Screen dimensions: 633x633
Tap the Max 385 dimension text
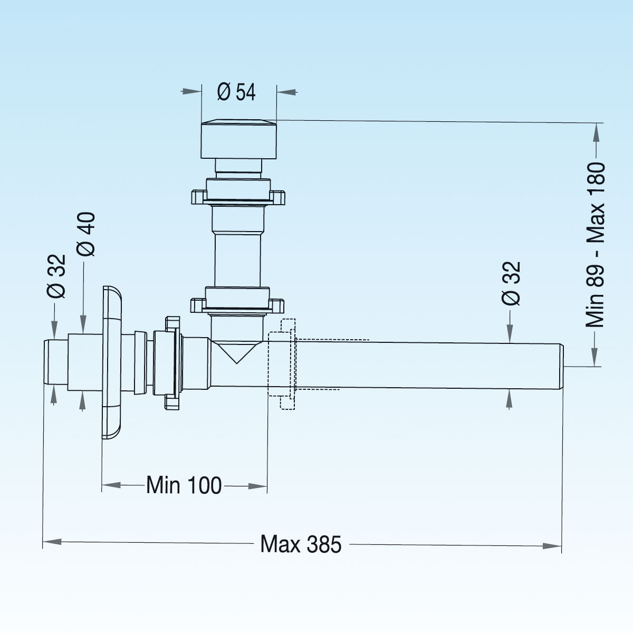click(301, 544)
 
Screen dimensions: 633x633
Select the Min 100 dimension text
click(184, 485)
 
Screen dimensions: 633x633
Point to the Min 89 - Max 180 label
click(595, 245)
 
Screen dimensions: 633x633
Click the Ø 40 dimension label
click(86, 234)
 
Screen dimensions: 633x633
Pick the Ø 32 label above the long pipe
click(511, 283)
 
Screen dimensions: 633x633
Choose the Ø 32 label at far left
click(56, 276)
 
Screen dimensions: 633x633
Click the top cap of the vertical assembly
click(238, 139)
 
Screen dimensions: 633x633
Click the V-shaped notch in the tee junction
click(236, 352)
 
